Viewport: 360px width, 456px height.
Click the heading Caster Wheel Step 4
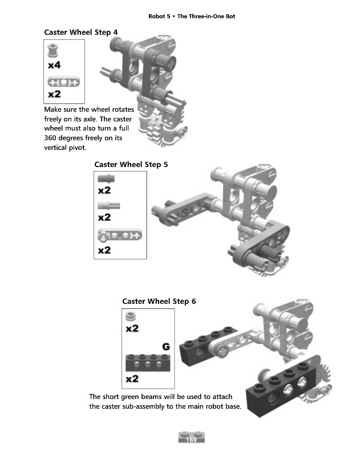(81, 32)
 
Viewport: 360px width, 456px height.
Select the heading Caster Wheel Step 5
(131, 165)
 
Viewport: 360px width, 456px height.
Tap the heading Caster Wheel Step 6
(159, 302)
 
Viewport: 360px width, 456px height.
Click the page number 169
(191, 439)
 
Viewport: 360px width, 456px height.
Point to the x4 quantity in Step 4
(54, 64)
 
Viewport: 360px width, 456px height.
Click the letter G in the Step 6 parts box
(166, 347)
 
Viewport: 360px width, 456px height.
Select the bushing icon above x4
(52, 50)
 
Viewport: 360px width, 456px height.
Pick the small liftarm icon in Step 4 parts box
(64, 82)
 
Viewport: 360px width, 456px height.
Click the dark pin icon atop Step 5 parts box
(106, 178)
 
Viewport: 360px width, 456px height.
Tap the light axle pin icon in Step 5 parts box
(109, 206)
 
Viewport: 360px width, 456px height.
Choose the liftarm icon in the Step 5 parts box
(120, 235)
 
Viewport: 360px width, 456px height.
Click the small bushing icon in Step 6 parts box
(131, 316)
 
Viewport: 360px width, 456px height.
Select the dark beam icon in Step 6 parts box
(148, 363)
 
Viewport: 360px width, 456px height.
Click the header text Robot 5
(159, 17)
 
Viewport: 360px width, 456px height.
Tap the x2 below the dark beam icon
(132, 378)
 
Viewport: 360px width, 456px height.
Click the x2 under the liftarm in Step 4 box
(54, 94)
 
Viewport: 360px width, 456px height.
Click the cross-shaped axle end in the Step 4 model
(171, 63)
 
